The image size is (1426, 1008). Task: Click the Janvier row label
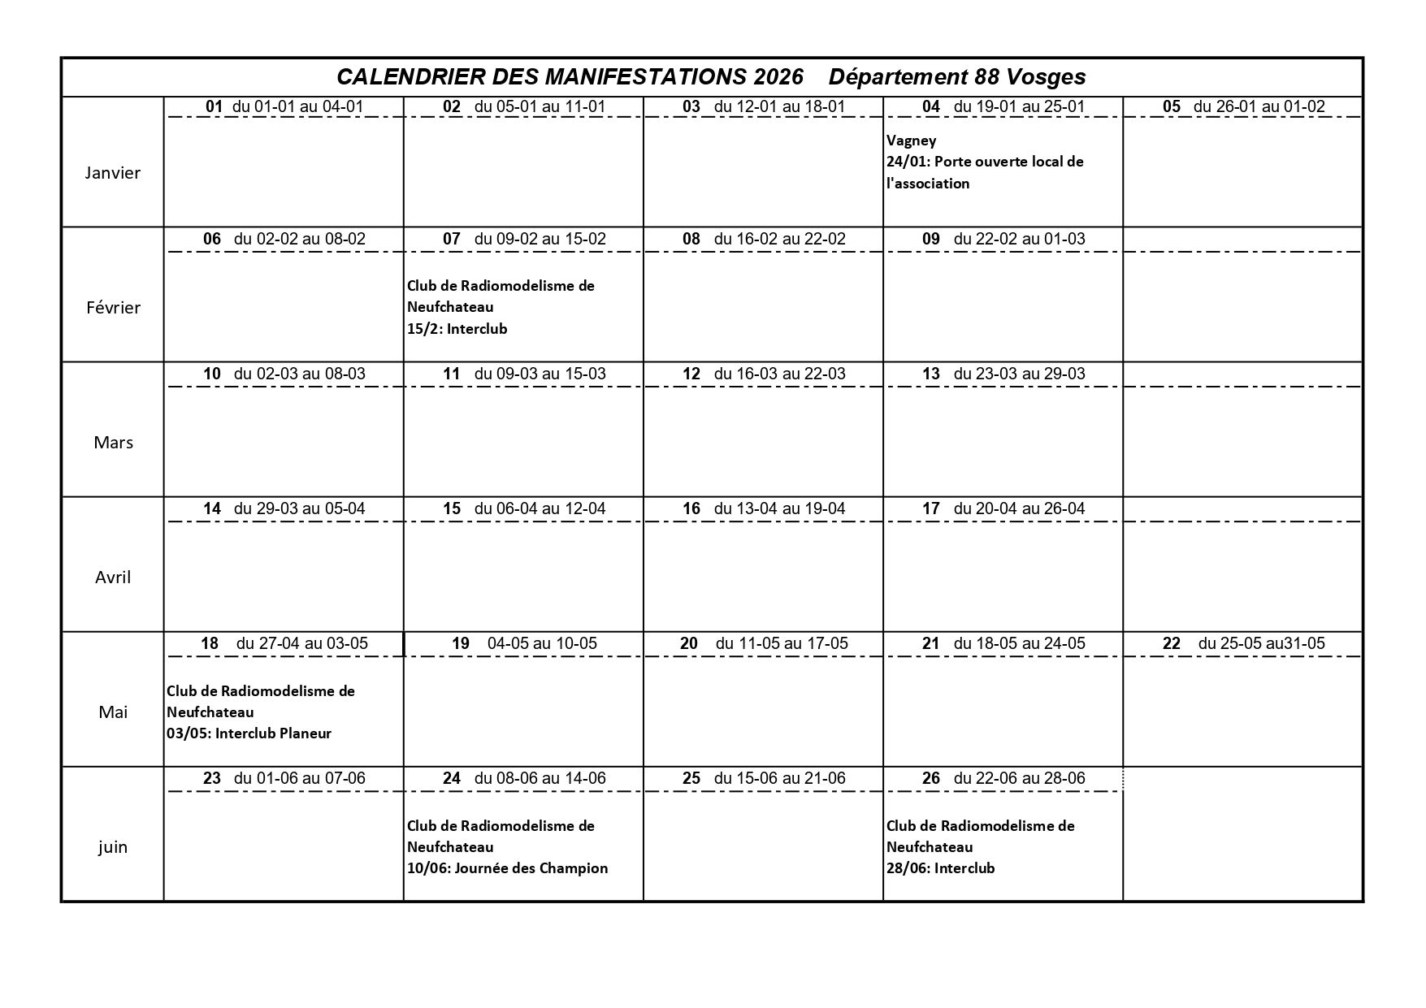click(x=113, y=172)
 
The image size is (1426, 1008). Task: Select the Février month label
click(x=113, y=307)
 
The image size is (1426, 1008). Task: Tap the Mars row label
click(x=113, y=442)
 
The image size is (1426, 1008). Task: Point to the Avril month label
click(x=113, y=577)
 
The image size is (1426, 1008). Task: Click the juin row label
click(x=113, y=846)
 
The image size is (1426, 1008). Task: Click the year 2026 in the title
click(x=778, y=76)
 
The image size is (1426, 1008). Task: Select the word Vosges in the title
click(x=1046, y=76)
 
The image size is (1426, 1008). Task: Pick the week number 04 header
click(x=930, y=106)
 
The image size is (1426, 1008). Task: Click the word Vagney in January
click(x=911, y=140)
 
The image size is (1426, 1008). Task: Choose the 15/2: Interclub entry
click(x=457, y=328)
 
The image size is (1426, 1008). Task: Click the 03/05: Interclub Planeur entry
click(x=249, y=733)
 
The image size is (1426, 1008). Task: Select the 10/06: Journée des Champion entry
click(x=507, y=867)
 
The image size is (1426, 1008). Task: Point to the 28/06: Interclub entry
click(x=940, y=867)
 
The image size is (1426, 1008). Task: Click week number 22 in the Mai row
click(x=1171, y=643)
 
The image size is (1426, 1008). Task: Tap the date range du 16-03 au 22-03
click(x=779, y=374)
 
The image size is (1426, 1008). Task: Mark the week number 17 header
click(x=930, y=508)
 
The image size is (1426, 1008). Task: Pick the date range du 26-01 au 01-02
click(x=1259, y=106)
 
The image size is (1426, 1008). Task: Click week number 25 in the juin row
click(x=691, y=778)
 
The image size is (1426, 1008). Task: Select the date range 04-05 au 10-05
click(x=542, y=643)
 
